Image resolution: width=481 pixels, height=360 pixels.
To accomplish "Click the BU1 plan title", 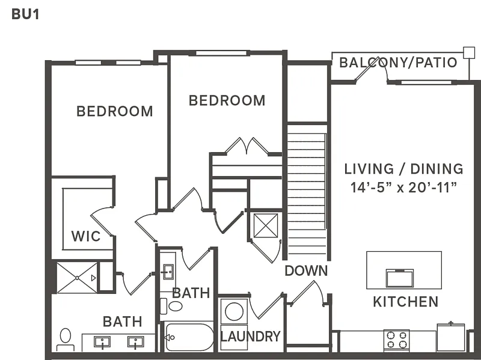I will (25, 14).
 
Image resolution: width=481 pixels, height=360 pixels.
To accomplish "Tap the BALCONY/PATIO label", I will (398, 63).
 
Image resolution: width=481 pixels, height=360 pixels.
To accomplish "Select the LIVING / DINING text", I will (403, 169).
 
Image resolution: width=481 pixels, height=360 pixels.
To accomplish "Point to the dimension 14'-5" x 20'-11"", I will (403, 187).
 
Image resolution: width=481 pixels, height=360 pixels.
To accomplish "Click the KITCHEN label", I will (406, 301).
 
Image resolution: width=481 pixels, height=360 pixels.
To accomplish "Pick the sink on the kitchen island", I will (400, 278).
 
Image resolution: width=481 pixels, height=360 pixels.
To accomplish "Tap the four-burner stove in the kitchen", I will (396, 340).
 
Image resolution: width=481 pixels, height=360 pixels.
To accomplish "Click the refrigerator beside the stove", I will (450, 337).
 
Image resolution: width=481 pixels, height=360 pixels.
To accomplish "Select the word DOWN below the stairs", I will (306, 270).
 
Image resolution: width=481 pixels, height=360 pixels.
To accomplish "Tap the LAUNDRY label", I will (250, 337).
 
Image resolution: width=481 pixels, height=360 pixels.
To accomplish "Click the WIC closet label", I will (86, 235).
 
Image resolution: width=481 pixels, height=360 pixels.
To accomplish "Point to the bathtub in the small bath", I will (189, 337).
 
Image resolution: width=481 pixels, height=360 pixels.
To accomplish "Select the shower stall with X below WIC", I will (76, 277).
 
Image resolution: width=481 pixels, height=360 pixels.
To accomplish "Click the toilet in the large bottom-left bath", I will (66, 338).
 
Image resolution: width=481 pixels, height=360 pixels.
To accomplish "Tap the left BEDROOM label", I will (114, 111).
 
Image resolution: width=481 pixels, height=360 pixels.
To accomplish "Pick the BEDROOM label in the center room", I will (227, 100).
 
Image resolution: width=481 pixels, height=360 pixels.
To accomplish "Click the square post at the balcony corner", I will (468, 52).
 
